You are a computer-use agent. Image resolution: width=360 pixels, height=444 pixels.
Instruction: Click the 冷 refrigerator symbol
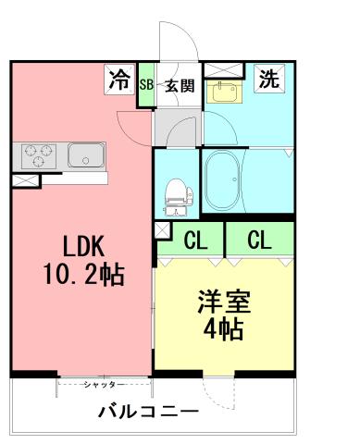118,80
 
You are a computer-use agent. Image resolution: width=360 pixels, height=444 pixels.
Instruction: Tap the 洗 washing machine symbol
268,80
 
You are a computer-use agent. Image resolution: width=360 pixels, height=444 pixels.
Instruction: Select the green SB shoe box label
145,86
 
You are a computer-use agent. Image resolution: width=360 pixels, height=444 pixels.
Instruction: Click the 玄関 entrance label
180,86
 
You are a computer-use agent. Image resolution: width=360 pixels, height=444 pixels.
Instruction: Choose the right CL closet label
259,241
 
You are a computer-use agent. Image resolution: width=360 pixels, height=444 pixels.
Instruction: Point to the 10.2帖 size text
83,275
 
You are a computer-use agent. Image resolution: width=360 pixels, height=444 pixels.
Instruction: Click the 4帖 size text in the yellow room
222,329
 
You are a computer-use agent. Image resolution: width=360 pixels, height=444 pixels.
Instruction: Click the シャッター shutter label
104,383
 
